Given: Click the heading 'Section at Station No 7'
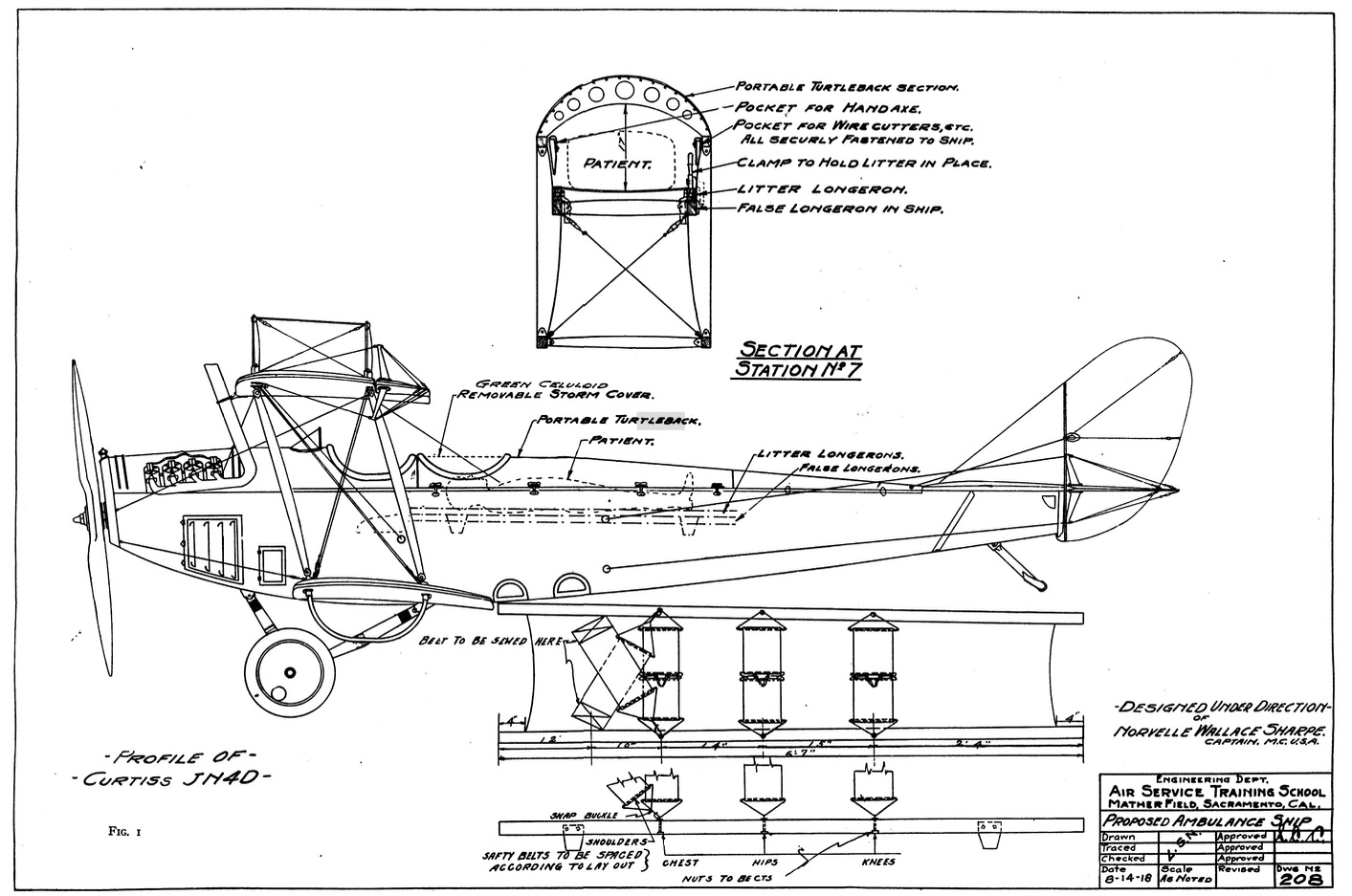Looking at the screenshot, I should [797, 360].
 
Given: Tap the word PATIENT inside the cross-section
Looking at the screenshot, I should [617, 164].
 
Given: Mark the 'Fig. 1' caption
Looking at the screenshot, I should [125, 831].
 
